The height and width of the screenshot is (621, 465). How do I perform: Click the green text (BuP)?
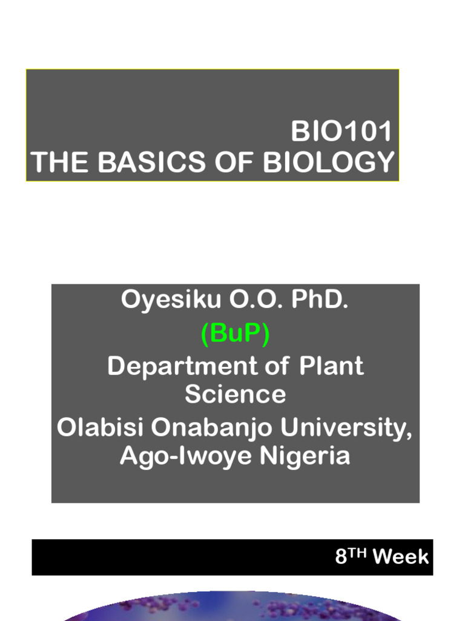click(235, 334)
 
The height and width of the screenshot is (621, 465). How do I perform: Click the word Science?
click(235, 394)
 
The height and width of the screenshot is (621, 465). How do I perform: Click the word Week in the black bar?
click(401, 557)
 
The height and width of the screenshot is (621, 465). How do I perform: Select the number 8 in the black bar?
click(341, 557)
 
